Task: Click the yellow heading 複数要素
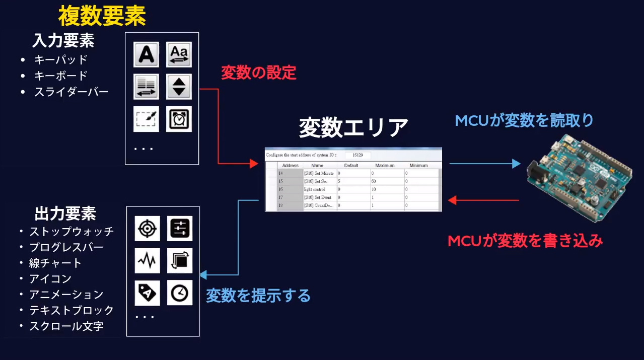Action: [x=102, y=17]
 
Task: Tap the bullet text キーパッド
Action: [x=61, y=60]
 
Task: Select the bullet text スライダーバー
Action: [x=71, y=92]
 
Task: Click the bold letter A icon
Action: [x=146, y=54]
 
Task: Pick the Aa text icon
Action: [x=179, y=54]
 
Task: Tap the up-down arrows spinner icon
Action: [x=179, y=86]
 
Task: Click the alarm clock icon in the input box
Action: [x=179, y=119]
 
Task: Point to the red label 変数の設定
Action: [x=258, y=73]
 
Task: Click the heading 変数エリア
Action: [x=353, y=128]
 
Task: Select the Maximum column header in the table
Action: [x=385, y=165]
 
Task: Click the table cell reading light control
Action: [x=315, y=189]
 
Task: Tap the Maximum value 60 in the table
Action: [x=374, y=181]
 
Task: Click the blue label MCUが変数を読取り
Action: [x=524, y=121]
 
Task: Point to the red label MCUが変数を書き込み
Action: [x=525, y=241]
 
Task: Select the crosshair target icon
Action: [x=147, y=229]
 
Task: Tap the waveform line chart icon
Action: [x=147, y=260]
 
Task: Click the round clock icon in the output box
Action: [x=180, y=293]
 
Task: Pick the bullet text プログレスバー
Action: [x=66, y=247]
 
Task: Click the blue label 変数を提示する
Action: [x=258, y=296]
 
